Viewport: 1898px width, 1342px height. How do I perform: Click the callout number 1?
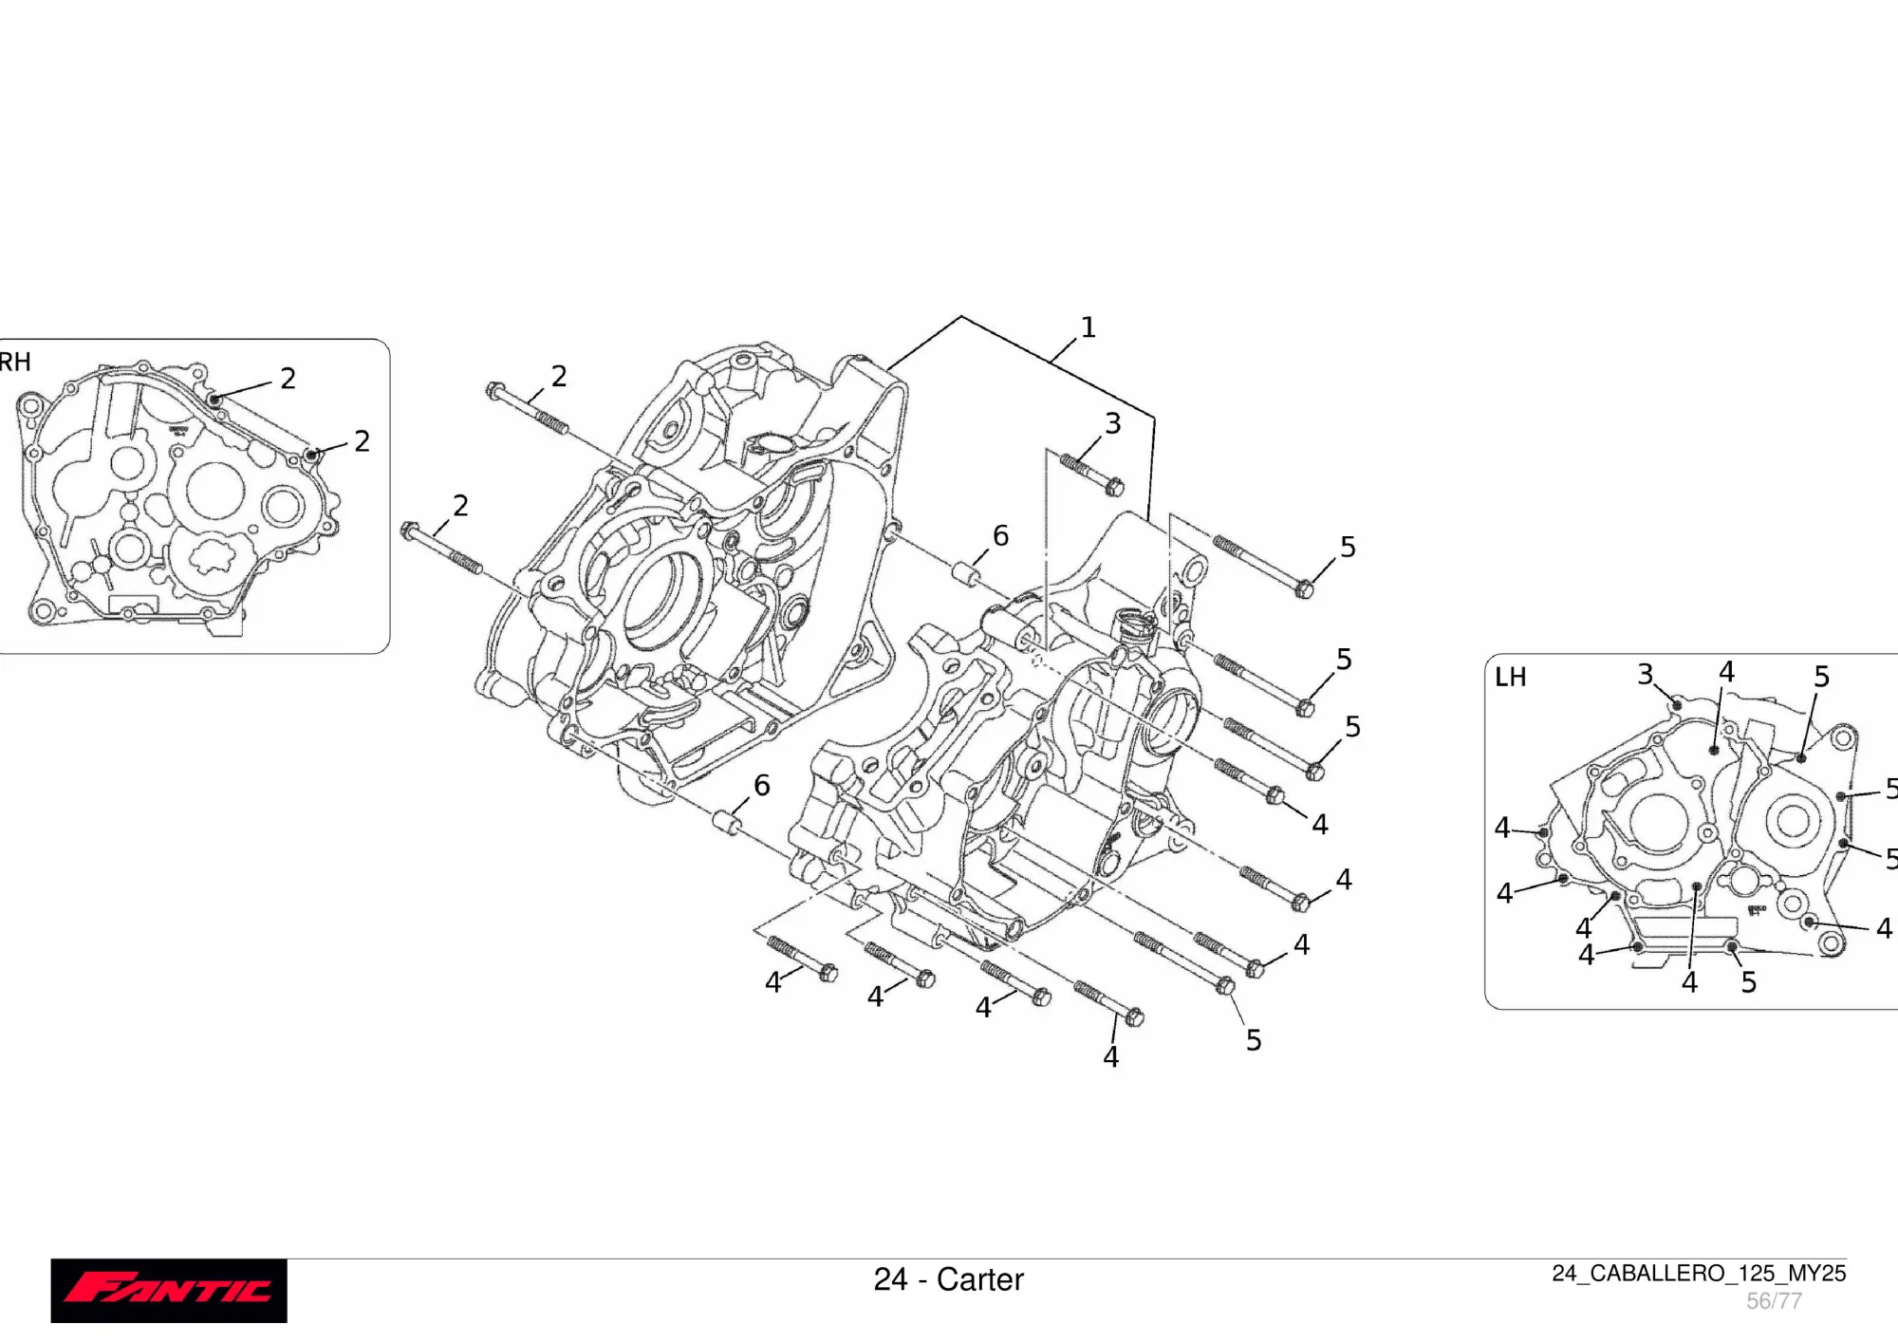[x=1088, y=327]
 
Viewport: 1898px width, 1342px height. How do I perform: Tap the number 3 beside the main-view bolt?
[x=1112, y=423]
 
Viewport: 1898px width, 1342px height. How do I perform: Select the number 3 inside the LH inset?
[x=1646, y=674]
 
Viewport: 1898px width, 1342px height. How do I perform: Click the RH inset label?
[x=15, y=362]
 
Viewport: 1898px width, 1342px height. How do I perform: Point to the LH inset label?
[x=1510, y=677]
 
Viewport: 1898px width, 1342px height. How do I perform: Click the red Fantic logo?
[x=169, y=1290]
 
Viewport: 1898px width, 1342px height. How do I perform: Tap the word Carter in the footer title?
[x=980, y=1279]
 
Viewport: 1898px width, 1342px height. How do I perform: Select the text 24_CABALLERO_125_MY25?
[x=1698, y=1273]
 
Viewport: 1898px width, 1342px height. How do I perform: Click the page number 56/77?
[x=1774, y=1300]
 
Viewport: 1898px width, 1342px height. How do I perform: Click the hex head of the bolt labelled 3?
[x=1115, y=488]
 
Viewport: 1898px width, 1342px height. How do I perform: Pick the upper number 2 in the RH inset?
[x=288, y=379]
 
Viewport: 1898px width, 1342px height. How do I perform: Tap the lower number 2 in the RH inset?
[x=362, y=441]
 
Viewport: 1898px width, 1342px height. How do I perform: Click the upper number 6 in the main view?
[x=1000, y=536]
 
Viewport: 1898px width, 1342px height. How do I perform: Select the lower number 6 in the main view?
[x=761, y=786]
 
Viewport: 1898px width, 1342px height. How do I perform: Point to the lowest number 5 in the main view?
[x=1254, y=1040]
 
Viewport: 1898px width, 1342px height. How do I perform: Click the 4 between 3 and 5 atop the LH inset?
[x=1726, y=672]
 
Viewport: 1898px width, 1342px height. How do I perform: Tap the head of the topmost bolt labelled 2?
[x=494, y=390]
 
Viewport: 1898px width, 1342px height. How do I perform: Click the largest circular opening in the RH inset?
[x=215, y=491]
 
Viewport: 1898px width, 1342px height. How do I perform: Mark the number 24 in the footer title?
[x=890, y=1279]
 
